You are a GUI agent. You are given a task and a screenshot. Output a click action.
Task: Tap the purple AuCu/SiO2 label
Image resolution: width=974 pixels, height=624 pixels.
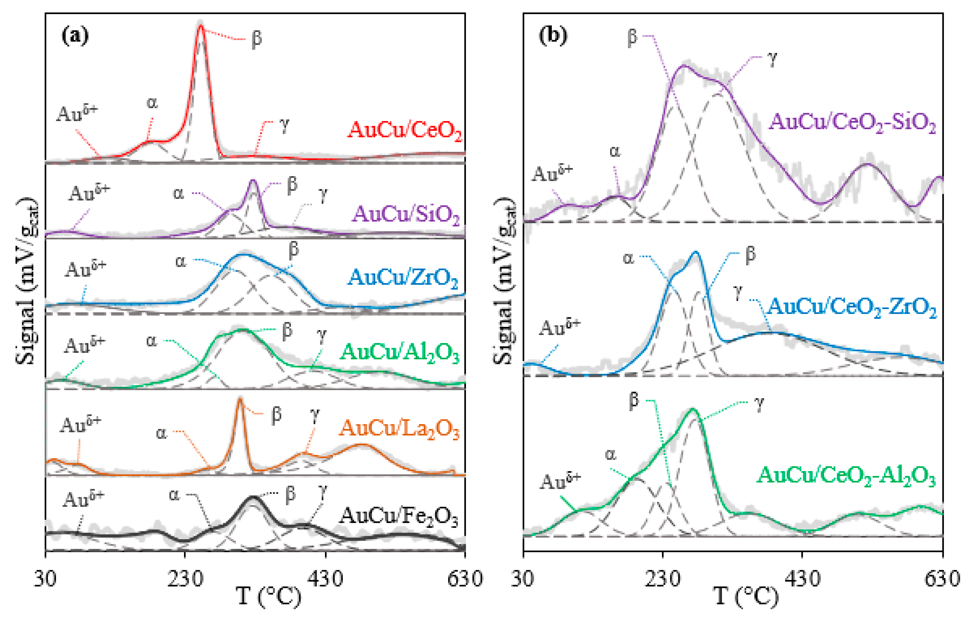point(406,214)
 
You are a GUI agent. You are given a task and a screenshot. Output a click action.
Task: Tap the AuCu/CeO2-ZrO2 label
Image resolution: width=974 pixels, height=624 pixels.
point(852,307)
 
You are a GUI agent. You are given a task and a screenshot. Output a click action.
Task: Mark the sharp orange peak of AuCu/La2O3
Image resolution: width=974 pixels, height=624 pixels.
point(239,399)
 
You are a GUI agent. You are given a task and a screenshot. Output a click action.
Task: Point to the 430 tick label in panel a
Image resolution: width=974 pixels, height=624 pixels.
point(325,579)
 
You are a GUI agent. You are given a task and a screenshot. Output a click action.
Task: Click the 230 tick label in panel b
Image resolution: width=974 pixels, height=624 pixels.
point(662,579)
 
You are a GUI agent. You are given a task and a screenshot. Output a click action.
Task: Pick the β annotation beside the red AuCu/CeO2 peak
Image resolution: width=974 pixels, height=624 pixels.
point(256,39)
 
